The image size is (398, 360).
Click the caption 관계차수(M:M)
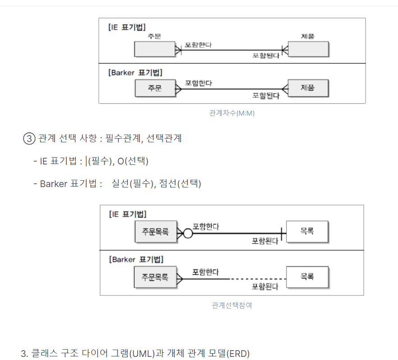[232, 113]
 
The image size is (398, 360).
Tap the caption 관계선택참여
[231, 305]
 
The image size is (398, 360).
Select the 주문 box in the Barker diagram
[155, 89]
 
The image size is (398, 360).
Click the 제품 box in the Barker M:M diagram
[308, 88]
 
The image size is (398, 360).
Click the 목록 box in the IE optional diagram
[307, 231]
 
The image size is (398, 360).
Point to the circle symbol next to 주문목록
[188, 234]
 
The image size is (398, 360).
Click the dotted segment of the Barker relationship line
[257, 279]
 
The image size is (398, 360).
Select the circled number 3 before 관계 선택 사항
[28, 139]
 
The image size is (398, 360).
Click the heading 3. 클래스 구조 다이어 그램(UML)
[135, 353]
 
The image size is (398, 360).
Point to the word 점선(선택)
[180, 184]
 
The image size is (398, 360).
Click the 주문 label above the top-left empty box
[154, 36]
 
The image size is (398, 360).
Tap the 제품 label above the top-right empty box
[308, 36]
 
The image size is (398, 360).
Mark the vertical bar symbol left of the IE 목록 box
[282, 234]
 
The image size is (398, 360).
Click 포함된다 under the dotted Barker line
[265, 286]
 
